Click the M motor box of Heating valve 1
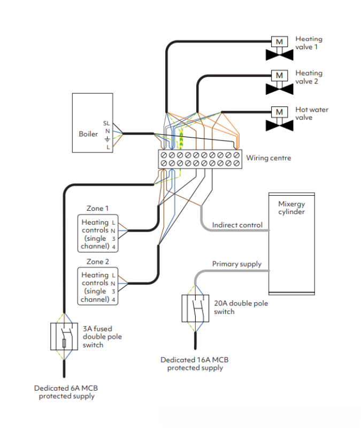pyautogui.click(x=279, y=41)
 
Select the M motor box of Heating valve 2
pyautogui.click(x=279, y=75)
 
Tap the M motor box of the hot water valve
pyautogui.click(x=279, y=112)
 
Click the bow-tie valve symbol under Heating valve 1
pyautogui.click(x=279, y=55)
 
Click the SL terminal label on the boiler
pyautogui.click(x=106, y=123)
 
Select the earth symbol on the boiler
pyautogui.click(x=107, y=139)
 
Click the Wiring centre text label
pyautogui.click(x=268, y=158)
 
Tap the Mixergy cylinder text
pyautogui.click(x=291, y=208)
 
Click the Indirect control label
pyautogui.click(x=237, y=225)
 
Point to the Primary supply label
pyautogui.click(x=237, y=264)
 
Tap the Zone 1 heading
pyautogui.click(x=97, y=208)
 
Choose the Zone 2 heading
pyautogui.click(x=97, y=262)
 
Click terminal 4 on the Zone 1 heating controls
pyautogui.click(x=113, y=247)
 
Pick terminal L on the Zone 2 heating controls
pyautogui.click(x=113, y=275)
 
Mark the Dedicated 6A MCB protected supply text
pyautogui.click(x=65, y=392)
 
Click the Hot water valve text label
pyautogui.click(x=312, y=113)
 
